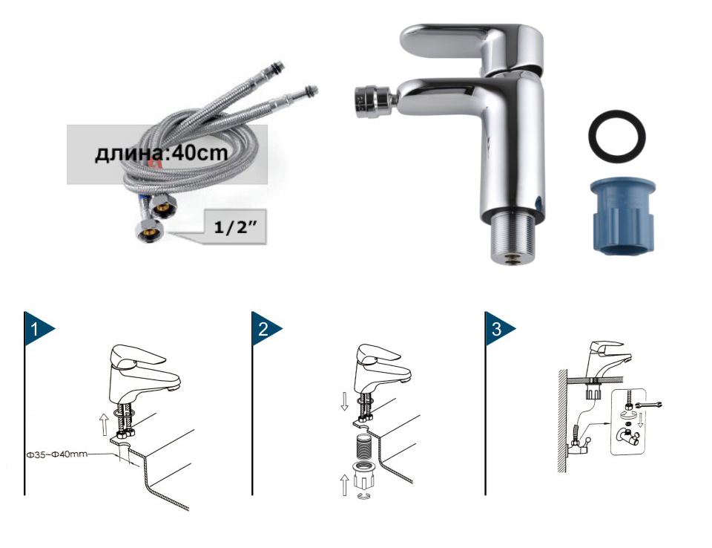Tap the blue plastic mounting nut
[623, 216]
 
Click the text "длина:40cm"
[161, 153]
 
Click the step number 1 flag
[38, 328]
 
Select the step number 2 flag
[266, 328]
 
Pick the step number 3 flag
[499, 328]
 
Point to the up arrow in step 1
[104, 424]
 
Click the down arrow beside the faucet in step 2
[345, 401]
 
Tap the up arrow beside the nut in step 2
[345, 484]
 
